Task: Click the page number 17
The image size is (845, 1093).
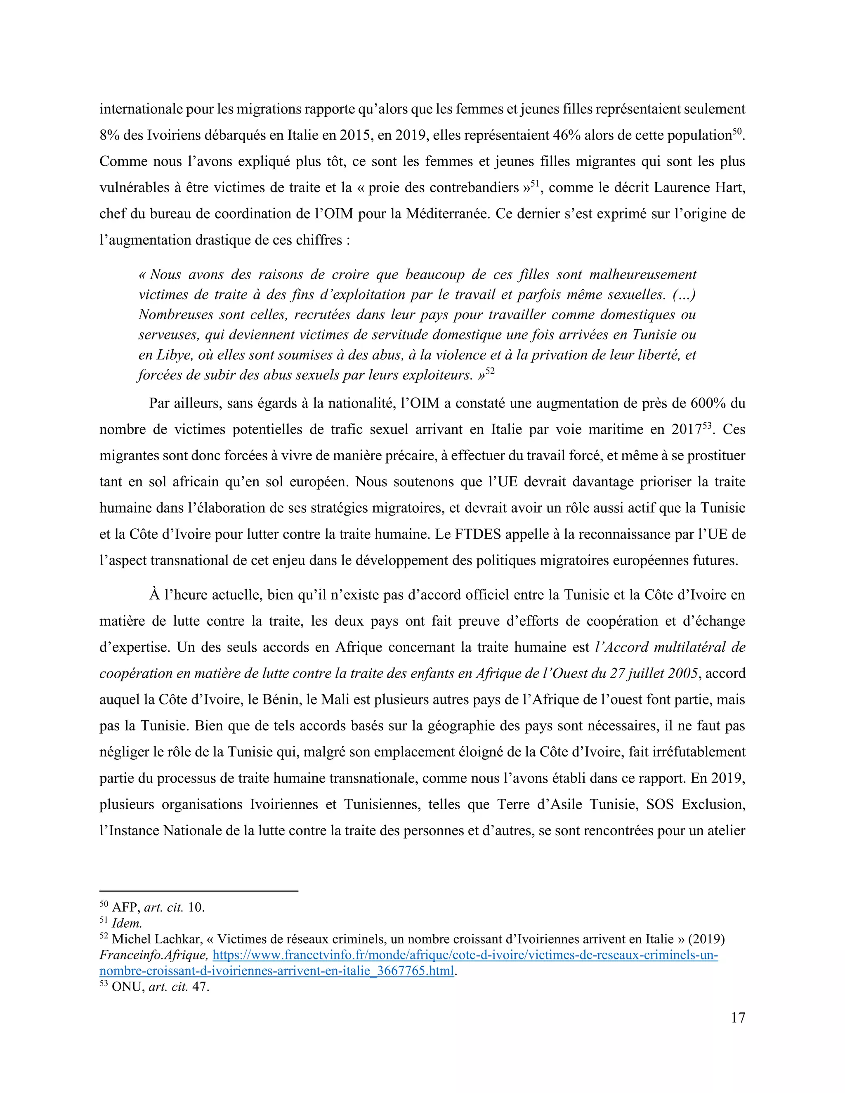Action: coord(737,1018)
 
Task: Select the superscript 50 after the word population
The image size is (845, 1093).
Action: coord(737,132)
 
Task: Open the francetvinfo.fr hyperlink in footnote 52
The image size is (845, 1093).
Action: coord(465,955)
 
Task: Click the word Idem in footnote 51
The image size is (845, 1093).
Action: coord(127,923)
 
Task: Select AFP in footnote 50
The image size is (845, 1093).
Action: coord(125,907)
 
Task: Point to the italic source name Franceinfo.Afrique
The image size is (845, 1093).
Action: coord(153,955)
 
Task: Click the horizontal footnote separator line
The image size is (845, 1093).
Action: coord(199,891)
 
